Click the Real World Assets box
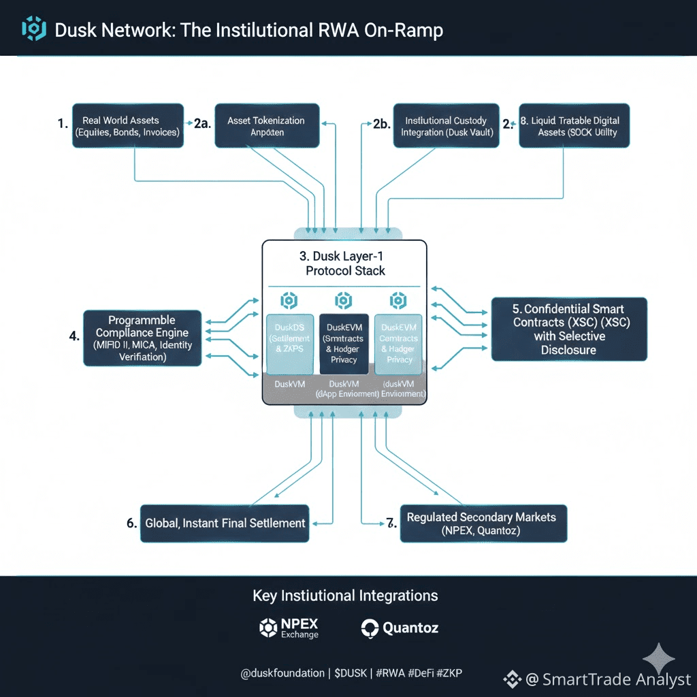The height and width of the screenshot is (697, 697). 129,127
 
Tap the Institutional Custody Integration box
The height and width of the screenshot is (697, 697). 446,126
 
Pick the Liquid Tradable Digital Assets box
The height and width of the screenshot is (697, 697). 574,126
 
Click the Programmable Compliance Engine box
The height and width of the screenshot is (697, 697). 142,338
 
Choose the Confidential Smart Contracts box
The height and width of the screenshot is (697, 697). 568,329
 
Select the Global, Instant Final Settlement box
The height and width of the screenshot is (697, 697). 225,523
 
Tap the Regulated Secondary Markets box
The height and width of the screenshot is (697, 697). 483,523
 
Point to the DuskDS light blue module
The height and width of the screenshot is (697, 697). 290,344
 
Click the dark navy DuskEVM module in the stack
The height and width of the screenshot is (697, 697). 344,344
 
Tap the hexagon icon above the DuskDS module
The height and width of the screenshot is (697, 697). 289,300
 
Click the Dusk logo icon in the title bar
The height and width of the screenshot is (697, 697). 34,29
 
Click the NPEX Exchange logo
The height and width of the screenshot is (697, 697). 289,628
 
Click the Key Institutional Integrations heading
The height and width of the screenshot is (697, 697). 345,596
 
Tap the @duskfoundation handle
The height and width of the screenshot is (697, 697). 282,673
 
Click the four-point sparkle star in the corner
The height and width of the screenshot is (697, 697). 659,659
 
